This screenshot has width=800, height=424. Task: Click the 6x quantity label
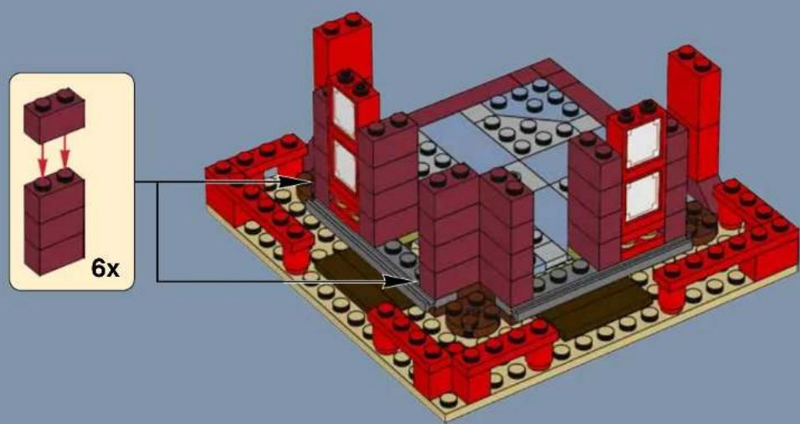[105, 268]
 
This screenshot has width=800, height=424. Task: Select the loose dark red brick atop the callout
[55, 118]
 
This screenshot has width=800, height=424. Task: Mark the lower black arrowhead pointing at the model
[401, 282]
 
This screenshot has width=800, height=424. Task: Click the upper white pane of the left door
[343, 112]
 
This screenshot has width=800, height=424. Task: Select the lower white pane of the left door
[343, 164]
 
